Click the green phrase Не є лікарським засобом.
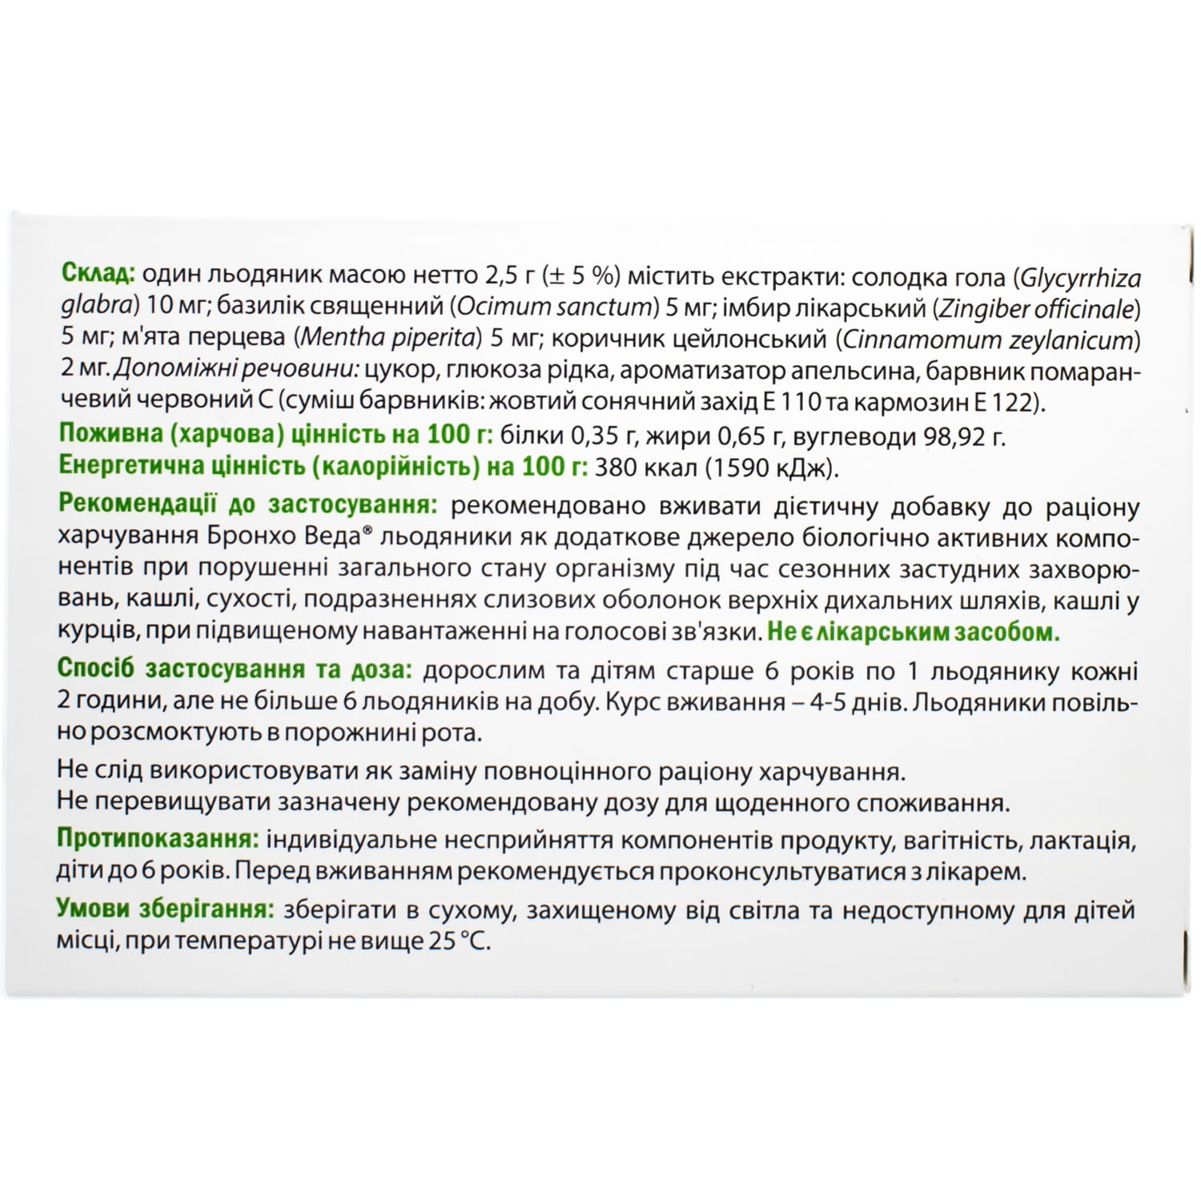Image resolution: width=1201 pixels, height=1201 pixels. pyautogui.click(x=912, y=633)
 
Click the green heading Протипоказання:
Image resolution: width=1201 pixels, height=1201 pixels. pyautogui.click(x=157, y=840)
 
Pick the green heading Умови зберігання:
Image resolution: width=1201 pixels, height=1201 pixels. pyautogui.click(x=162, y=910)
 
